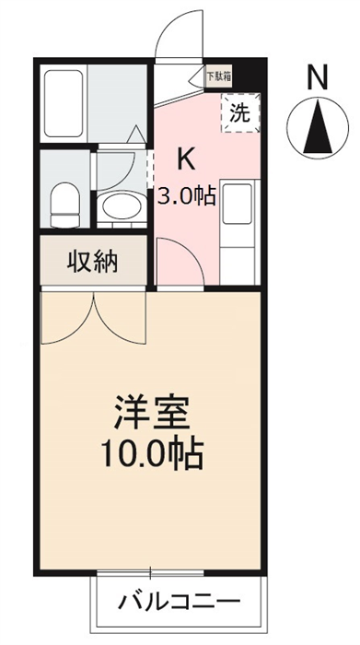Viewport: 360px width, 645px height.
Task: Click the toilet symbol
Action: coord(64,205)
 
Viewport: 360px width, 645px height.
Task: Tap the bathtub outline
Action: coord(64,103)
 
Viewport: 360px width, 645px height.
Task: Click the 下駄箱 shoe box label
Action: coord(218,76)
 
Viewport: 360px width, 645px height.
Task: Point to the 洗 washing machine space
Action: coord(240,112)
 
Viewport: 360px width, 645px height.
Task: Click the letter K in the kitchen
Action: coord(185,159)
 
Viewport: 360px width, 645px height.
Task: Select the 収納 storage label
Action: coord(93,261)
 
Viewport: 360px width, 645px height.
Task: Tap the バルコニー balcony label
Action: coord(179,603)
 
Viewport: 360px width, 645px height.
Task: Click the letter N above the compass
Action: coord(318,77)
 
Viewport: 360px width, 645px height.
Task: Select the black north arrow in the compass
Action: coord(318,128)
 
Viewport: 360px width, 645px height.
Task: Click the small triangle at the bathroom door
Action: coord(135,135)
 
